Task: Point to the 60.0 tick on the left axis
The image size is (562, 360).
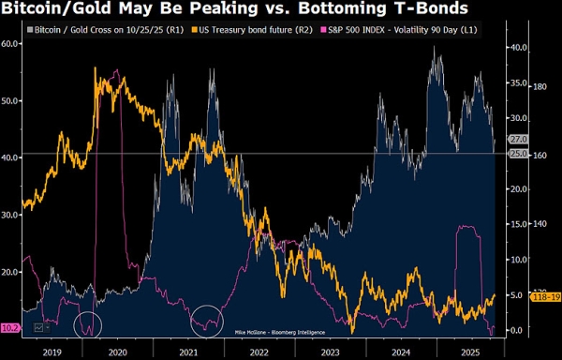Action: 11,44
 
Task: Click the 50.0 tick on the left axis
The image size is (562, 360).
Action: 11,100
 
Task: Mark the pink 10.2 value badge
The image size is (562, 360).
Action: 10,327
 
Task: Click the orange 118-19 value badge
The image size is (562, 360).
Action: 518,297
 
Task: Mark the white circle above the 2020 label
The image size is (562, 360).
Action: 88,323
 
